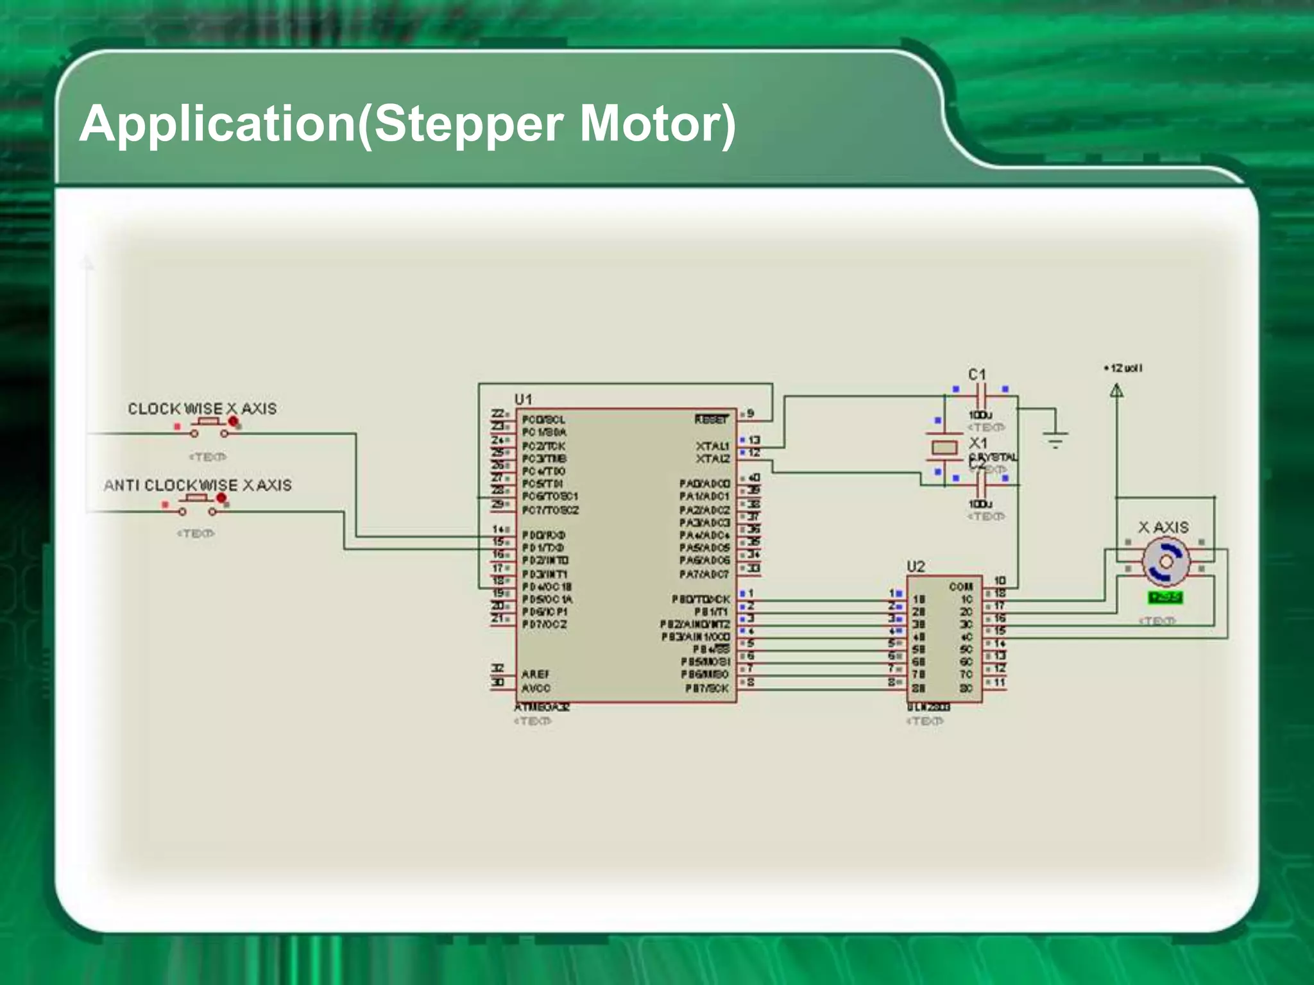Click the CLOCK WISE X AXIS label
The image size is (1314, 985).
click(202, 408)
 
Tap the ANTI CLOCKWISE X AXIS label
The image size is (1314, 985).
click(198, 485)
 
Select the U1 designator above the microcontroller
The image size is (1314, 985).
click(523, 399)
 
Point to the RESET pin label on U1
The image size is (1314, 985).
click(712, 419)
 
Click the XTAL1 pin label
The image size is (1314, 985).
click(712, 445)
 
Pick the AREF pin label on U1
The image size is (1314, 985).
click(535, 674)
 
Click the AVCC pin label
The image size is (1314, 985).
click(536, 688)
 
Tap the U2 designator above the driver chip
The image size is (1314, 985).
click(916, 566)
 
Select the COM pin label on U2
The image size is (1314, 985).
click(960, 586)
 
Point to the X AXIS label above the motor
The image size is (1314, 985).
click(1163, 527)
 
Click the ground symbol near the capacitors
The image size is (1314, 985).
click(1055, 439)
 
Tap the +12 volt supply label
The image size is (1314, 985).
click(1123, 368)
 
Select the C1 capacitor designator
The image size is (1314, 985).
click(977, 374)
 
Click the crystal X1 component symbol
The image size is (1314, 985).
click(944, 447)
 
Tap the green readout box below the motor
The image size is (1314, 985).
click(1165, 598)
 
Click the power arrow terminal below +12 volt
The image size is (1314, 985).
click(1116, 390)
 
